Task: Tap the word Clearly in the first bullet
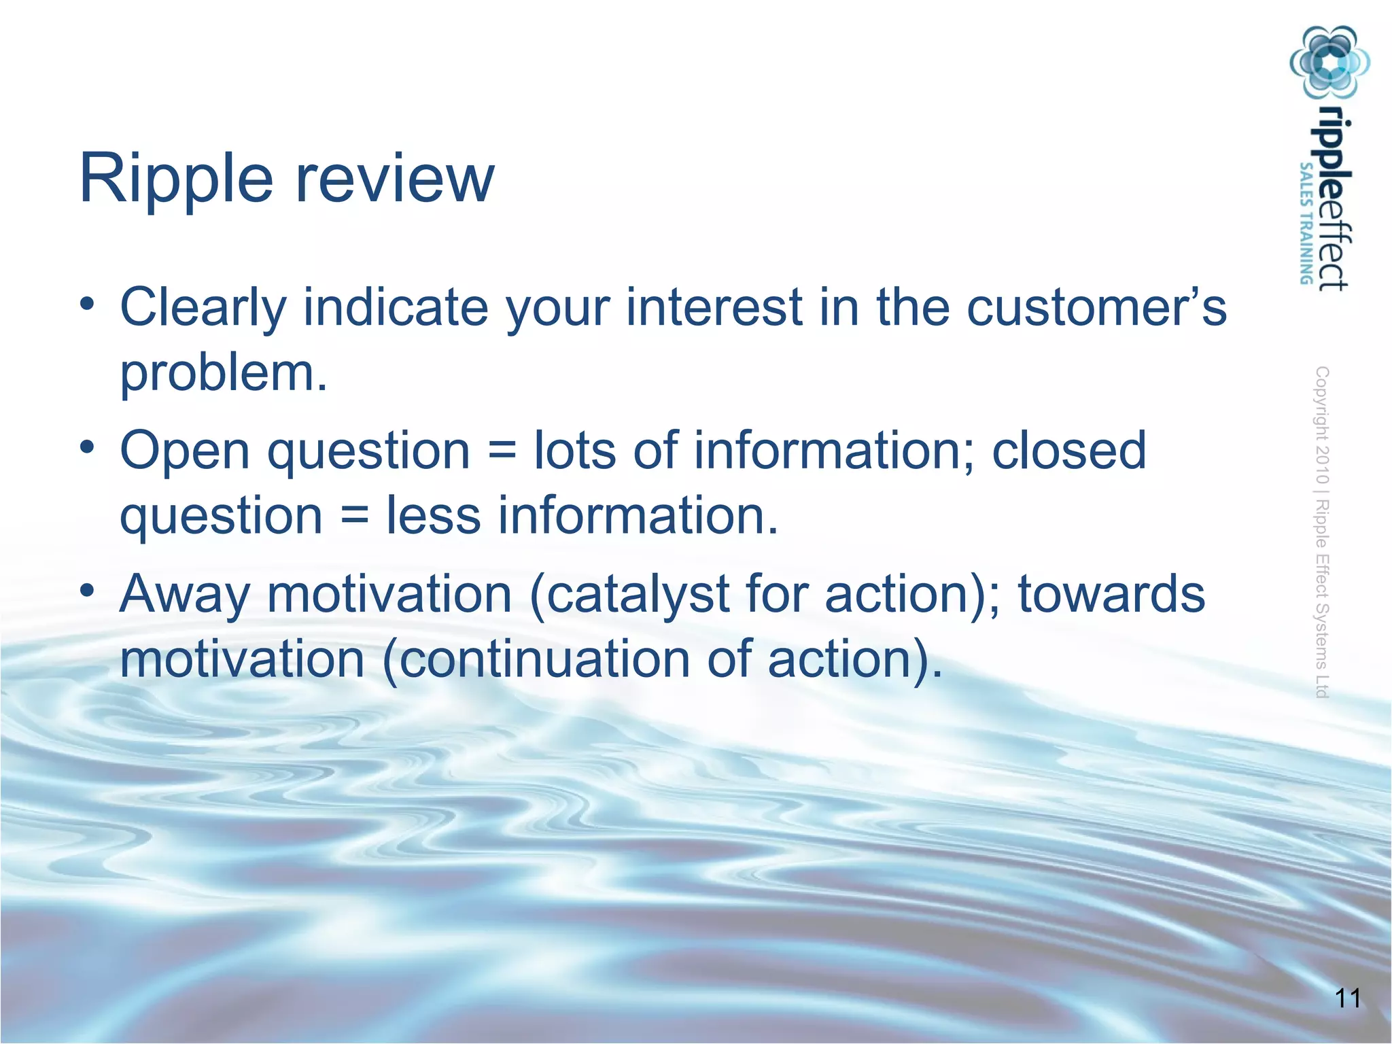203,308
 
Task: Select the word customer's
1096,308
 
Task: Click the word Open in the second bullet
185,451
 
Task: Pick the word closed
1068,451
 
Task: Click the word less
433,515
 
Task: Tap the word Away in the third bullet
185,595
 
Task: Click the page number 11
1347,998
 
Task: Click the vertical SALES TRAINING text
1306,224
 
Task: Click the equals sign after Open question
502,452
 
